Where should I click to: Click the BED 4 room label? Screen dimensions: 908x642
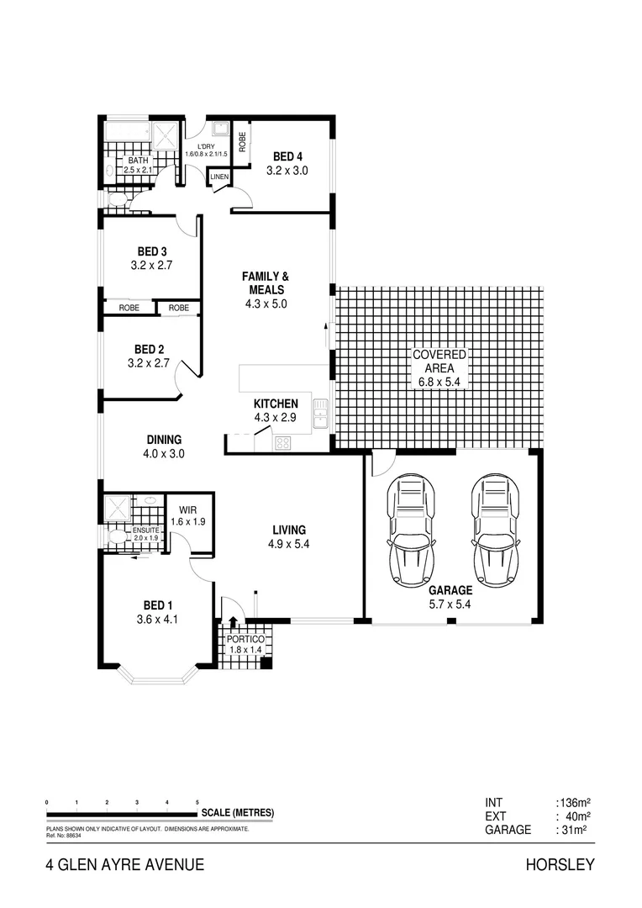[x=287, y=156]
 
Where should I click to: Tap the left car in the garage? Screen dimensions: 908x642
[x=412, y=531]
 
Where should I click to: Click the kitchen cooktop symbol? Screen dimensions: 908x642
[x=282, y=443]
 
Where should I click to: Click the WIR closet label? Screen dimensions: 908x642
[x=187, y=509]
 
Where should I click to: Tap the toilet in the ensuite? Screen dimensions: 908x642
[x=117, y=536]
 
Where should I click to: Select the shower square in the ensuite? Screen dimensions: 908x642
[x=116, y=508]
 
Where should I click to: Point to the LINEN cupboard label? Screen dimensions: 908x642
[x=218, y=177]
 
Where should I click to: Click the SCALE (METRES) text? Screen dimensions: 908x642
[x=237, y=812]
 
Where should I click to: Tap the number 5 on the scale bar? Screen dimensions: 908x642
[x=197, y=802]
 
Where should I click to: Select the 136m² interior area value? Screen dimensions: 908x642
[x=572, y=801]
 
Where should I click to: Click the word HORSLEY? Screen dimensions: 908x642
[x=560, y=864]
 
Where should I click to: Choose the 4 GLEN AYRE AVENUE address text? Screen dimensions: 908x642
[x=125, y=864]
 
